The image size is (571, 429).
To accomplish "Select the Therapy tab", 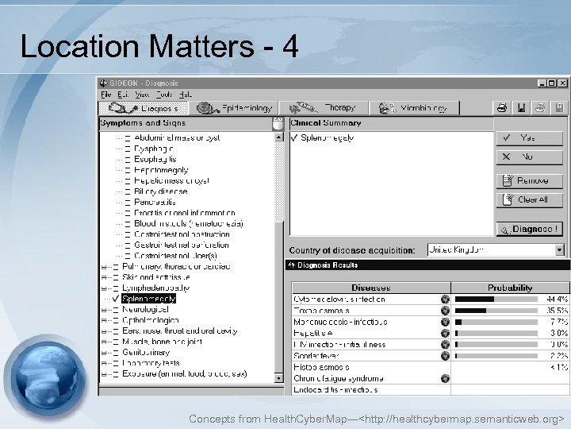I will tap(325, 108).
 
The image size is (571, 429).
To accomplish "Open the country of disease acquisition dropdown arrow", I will tap(559, 249).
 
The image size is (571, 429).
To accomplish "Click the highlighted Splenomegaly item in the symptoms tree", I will tap(149, 299).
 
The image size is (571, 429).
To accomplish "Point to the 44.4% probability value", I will tap(556, 300).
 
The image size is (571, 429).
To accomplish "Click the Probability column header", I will tap(510, 288).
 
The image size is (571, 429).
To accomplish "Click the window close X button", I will tap(563, 83).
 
